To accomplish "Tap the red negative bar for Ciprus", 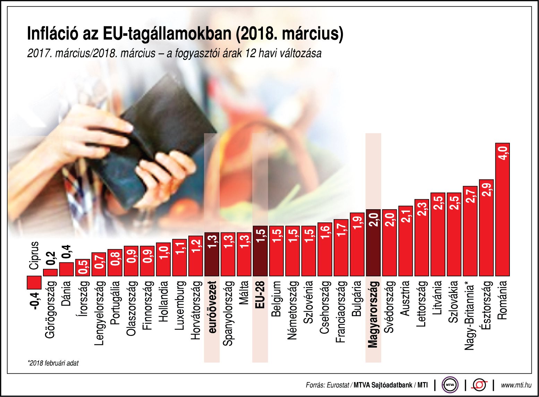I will click(34, 282).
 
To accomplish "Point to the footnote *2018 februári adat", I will click(53, 363).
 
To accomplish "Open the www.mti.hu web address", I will click(516, 385).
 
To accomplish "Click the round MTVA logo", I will click(450, 385).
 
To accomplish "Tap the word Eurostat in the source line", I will click(338, 385).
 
